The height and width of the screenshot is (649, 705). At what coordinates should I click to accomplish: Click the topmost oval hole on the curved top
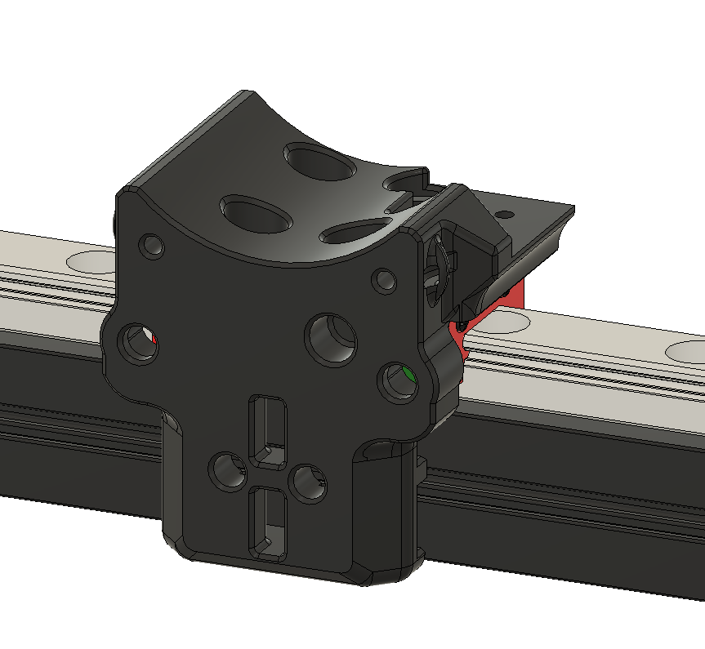tap(319, 162)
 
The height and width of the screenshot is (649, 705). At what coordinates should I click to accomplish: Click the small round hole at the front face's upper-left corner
tap(152, 245)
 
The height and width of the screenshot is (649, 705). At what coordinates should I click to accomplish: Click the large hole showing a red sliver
tap(137, 343)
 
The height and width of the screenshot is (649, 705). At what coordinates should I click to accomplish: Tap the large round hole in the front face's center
tap(332, 338)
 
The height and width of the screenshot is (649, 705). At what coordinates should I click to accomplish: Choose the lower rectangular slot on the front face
tap(269, 520)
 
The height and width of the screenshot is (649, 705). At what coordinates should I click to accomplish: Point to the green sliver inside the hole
tap(408, 376)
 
